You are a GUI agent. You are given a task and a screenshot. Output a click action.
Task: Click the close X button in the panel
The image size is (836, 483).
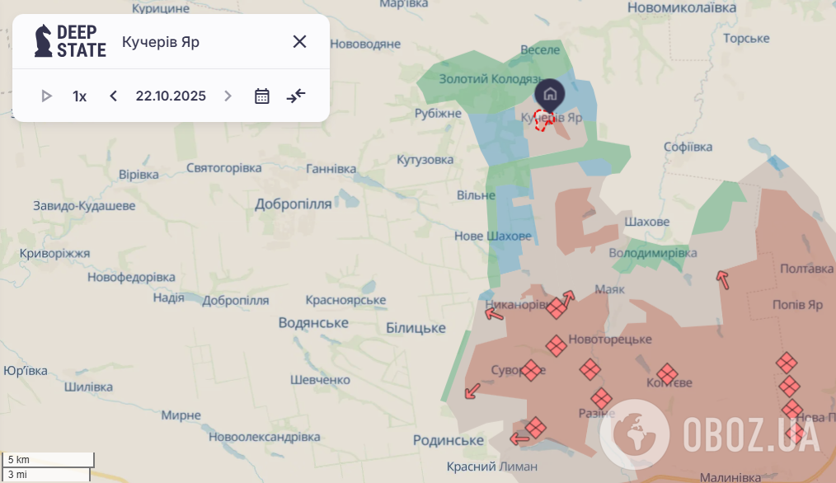point(299,41)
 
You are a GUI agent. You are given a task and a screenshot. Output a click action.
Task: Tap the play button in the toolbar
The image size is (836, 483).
point(46,96)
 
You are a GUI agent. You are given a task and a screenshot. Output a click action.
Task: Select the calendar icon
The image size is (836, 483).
point(262,96)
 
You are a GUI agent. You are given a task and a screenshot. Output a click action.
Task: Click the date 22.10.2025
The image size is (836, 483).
point(171,96)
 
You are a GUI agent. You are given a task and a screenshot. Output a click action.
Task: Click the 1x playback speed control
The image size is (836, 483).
point(79,96)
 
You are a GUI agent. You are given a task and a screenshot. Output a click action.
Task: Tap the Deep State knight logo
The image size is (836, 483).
point(43,40)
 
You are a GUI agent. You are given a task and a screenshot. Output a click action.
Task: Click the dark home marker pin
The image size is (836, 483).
point(550,94)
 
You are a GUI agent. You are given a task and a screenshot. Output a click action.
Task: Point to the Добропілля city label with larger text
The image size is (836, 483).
point(293,204)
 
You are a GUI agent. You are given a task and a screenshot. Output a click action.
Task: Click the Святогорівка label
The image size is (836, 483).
point(223,167)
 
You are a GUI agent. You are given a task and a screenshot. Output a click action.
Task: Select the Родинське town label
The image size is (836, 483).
point(448,440)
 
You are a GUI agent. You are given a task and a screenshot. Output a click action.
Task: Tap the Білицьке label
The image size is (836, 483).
point(416,327)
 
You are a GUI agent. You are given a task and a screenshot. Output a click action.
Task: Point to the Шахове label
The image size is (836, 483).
point(647,222)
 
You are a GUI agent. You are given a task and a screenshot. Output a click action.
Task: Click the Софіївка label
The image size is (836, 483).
point(688,147)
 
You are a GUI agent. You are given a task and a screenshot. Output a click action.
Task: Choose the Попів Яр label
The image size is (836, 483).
point(797,304)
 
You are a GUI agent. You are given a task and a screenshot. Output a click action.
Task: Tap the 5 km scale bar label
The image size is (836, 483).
point(19,459)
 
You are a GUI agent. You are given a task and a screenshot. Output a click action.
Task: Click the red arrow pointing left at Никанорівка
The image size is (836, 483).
point(494,313)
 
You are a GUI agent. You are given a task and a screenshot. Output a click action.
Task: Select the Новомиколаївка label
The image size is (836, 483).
point(681,7)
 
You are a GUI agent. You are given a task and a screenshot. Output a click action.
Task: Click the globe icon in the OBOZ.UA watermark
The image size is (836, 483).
point(635,434)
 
